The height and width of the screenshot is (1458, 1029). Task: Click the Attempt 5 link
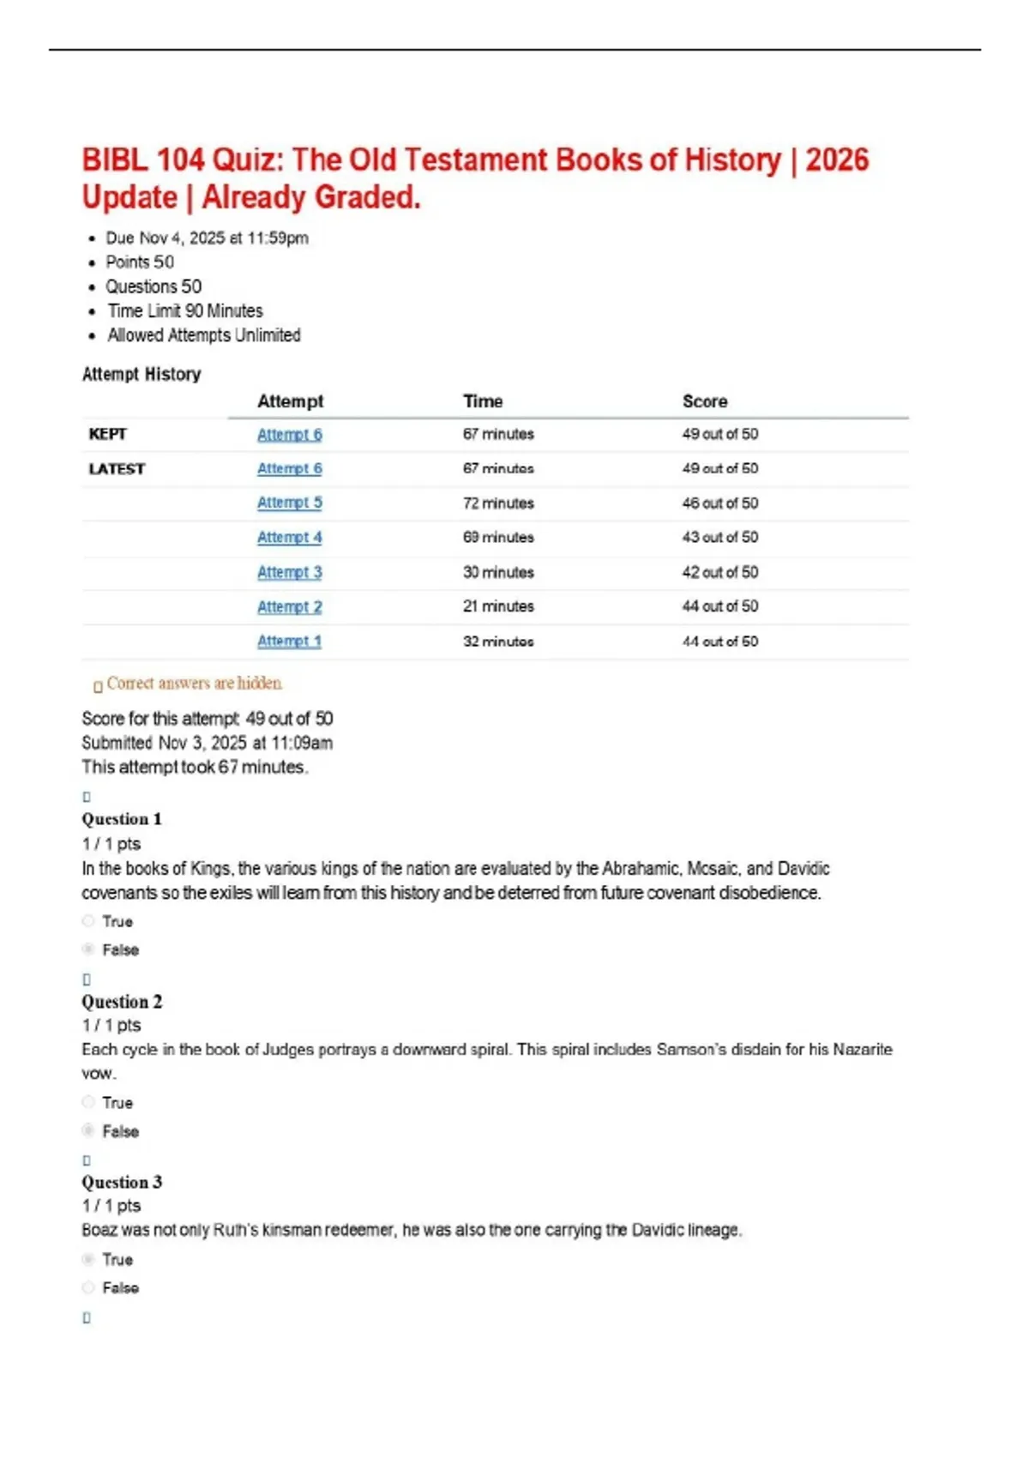[289, 503]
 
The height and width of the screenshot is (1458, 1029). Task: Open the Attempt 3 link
[289, 572]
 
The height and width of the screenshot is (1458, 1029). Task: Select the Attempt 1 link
[289, 641]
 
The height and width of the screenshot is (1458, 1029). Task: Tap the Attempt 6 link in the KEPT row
[289, 434]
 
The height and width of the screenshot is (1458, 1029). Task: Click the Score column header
[704, 401]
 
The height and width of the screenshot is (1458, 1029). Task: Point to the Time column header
[483, 401]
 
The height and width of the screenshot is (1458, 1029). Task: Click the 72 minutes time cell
[498, 503]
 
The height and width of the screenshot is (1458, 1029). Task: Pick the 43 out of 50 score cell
[719, 537]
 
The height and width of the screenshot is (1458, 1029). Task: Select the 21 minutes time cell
[498, 606]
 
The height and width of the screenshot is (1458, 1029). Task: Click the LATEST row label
[117, 469]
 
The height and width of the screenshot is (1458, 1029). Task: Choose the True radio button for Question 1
[88, 921]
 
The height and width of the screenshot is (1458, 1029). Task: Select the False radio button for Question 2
[88, 1130]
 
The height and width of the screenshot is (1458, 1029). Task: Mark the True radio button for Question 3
[88, 1259]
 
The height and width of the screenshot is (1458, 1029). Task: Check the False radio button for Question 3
[88, 1287]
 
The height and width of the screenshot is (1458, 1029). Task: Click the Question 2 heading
[122, 1002]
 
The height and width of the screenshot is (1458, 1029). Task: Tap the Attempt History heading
[141, 374]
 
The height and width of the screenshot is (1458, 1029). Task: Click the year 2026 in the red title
[837, 160]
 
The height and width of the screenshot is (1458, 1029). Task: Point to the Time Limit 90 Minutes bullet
[184, 310]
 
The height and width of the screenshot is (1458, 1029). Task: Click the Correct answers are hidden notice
[194, 684]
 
